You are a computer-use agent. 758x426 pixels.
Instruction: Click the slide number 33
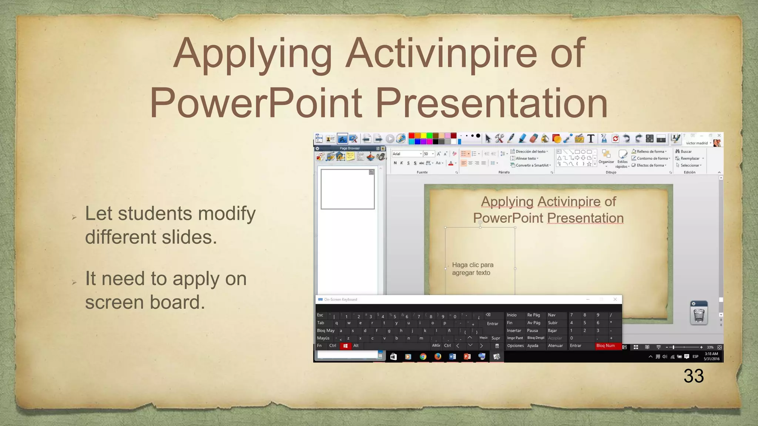(x=693, y=376)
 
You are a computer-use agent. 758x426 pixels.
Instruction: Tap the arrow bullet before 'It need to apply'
(x=74, y=283)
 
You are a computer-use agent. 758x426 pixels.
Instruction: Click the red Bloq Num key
(x=606, y=346)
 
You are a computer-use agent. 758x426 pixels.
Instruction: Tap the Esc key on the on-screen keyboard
(x=320, y=315)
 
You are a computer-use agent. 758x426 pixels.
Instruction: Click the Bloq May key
(x=326, y=331)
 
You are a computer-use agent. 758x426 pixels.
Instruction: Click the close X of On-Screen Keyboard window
(x=615, y=299)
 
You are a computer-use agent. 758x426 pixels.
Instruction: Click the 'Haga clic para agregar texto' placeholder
(x=473, y=269)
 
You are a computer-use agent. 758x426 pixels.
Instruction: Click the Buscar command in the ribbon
(x=685, y=151)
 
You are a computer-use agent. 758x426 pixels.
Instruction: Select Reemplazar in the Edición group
(x=690, y=158)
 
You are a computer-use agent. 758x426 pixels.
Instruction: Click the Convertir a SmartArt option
(x=532, y=165)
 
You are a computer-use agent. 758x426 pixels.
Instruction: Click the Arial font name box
(x=405, y=154)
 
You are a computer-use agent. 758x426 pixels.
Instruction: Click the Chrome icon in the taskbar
(x=423, y=356)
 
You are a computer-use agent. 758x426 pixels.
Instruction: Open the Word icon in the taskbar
(x=452, y=356)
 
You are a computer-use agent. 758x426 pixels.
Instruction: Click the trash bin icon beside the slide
(x=699, y=314)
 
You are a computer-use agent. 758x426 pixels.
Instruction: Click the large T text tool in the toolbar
(x=591, y=139)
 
